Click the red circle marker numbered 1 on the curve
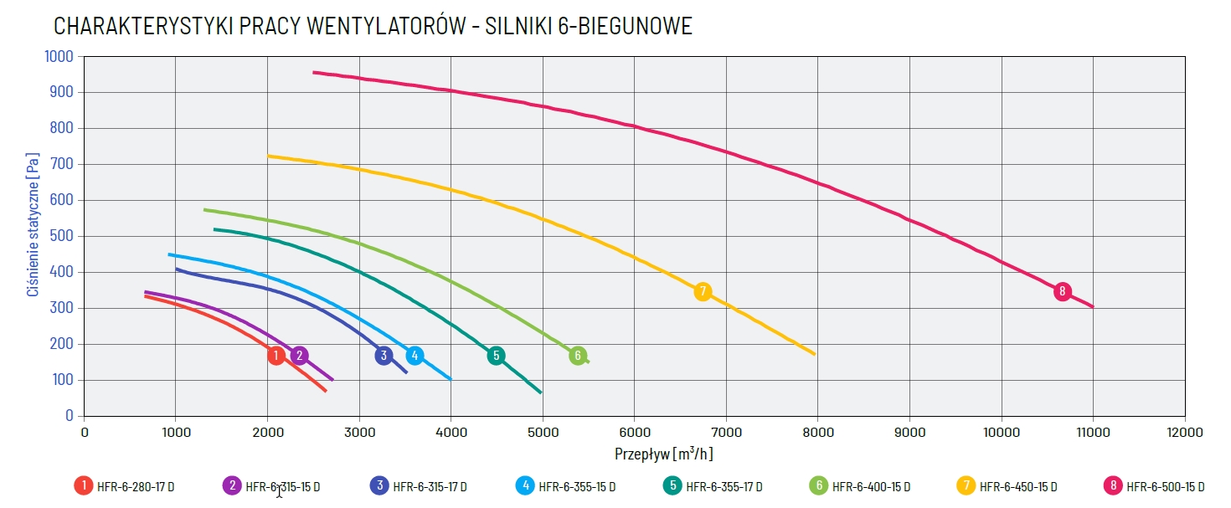[x=276, y=356]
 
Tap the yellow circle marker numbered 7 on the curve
[x=703, y=291]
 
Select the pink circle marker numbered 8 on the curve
[x=1062, y=291]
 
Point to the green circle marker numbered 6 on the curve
[x=577, y=356]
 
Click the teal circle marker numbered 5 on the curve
[x=496, y=356]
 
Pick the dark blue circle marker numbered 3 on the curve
[x=384, y=356]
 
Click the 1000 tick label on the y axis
[x=59, y=56]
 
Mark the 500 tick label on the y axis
[x=64, y=236]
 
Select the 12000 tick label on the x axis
[x=1184, y=433]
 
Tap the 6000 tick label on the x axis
[x=634, y=433]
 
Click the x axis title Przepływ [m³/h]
[x=664, y=454]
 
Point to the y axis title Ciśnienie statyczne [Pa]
[x=33, y=223]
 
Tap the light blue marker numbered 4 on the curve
[x=415, y=356]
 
